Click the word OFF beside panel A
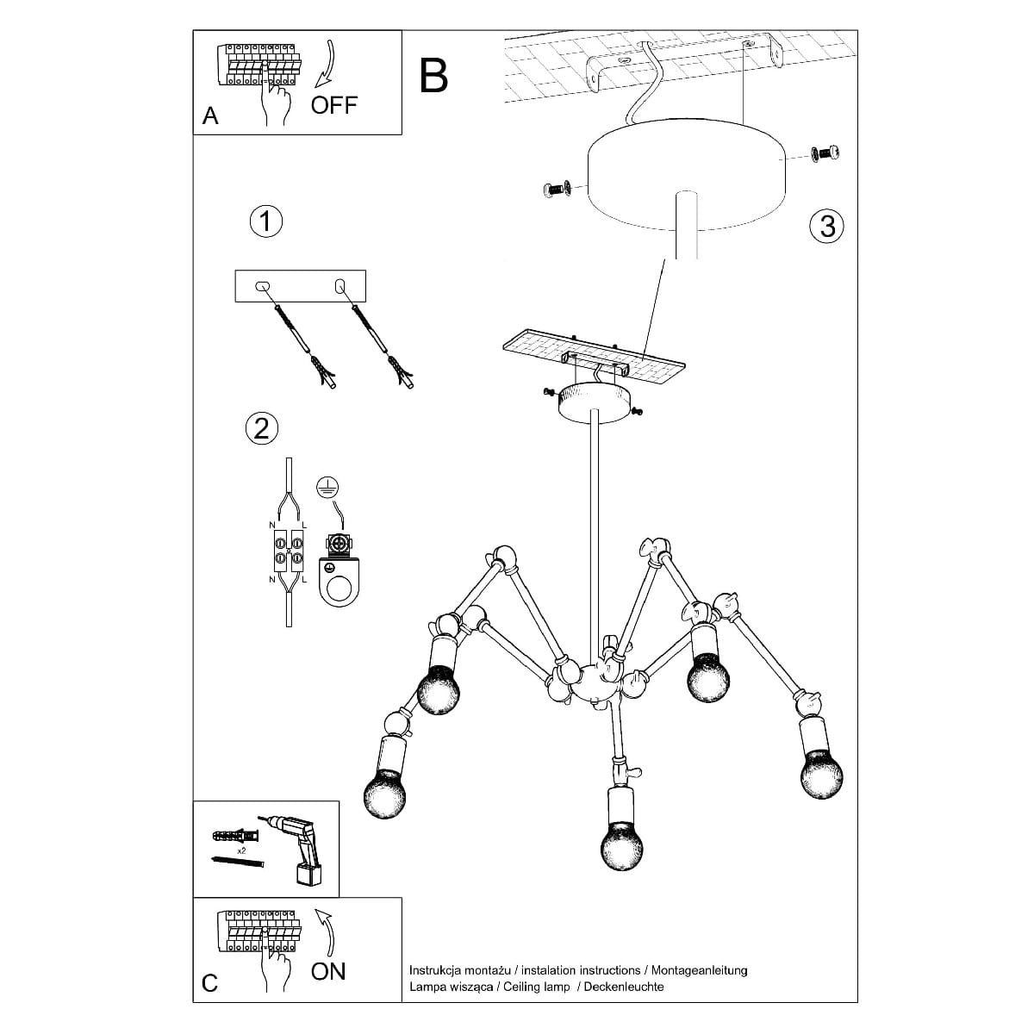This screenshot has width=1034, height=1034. point(333,105)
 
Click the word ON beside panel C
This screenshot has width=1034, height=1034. point(328,971)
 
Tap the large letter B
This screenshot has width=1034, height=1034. point(434,75)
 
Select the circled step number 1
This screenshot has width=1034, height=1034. point(266,221)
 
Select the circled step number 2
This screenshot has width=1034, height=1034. point(262,428)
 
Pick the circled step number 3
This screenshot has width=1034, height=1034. point(827,227)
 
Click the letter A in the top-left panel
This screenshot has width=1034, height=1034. point(210,116)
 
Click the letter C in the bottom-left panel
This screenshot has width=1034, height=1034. point(210,984)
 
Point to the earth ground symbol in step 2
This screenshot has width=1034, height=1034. point(326,487)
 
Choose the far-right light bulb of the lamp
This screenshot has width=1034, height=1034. point(822,772)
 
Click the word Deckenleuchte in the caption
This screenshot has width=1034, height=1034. point(624,987)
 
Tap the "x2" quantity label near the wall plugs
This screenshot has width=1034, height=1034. point(243,850)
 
